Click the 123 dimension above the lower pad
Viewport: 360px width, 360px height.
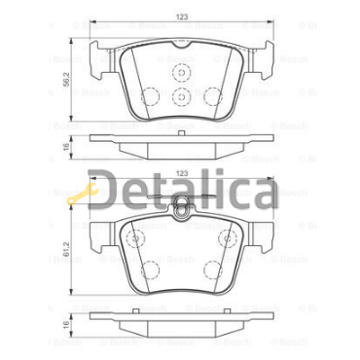[x=182, y=173]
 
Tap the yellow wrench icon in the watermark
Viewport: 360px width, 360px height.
[x=78, y=198]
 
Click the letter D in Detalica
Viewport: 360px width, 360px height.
[x=110, y=193]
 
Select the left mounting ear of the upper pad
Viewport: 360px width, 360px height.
[x=100, y=63]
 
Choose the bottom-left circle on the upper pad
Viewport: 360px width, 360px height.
[x=151, y=96]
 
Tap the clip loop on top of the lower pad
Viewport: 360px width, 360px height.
[x=182, y=204]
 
